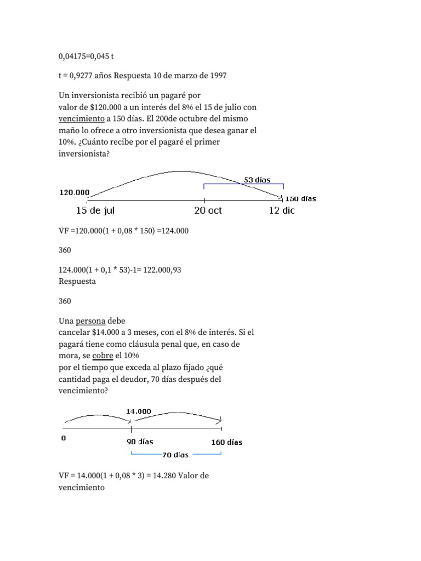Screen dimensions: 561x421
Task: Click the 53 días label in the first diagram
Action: coord(257,180)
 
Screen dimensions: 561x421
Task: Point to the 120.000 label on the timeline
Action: coord(74,192)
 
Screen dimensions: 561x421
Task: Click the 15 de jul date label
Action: coord(95,211)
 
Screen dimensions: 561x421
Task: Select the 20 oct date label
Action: coord(208,211)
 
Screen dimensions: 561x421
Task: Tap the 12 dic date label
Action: coord(281,211)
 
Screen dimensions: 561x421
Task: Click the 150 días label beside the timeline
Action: coord(301,199)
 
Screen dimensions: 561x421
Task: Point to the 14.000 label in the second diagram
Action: coord(139,411)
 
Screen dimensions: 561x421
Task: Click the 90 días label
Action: coord(140,442)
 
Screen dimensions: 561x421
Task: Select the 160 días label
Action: coord(226,442)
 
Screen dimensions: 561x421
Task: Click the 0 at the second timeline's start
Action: coord(64,438)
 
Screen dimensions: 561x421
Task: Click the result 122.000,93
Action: coord(162,270)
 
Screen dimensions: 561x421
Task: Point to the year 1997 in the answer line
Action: coord(217,76)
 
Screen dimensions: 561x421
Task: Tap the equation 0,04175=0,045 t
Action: coord(86,56)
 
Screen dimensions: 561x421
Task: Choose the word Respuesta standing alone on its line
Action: coord(77,282)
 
